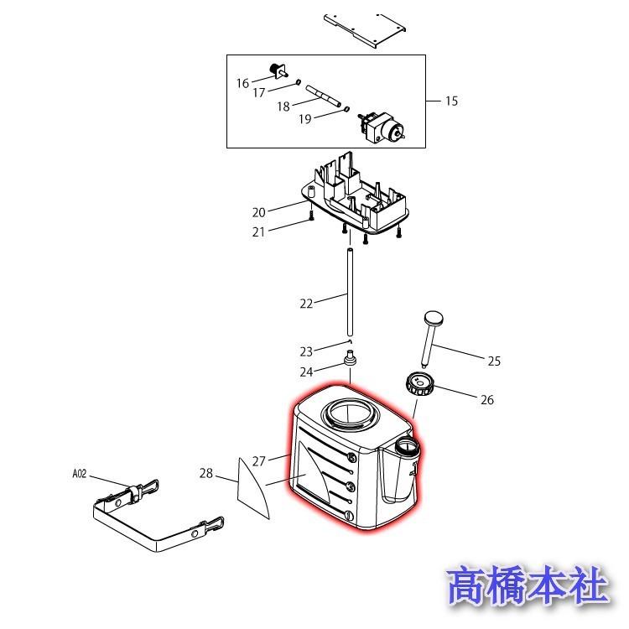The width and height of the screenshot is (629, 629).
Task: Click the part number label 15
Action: [x=451, y=101]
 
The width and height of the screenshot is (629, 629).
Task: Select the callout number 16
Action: [x=242, y=83]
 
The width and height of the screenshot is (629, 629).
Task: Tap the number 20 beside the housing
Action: [x=259, y=212]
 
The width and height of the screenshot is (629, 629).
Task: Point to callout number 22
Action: [x=306, y=304]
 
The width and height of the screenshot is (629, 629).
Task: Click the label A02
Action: [x=80, y=474]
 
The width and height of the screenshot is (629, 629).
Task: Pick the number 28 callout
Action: [x=206, y=473]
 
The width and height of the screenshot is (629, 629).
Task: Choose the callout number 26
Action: [x=487, y=399]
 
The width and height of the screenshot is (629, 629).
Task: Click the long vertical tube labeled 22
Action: [x=351, y=293]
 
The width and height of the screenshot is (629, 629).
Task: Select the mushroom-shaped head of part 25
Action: [x=434, y=319]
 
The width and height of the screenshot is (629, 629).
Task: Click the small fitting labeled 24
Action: [x=351, y=358]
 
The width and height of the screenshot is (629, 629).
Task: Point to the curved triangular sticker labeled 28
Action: [x=252, y=488]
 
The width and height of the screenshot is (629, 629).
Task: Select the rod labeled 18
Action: [x=324, y=96]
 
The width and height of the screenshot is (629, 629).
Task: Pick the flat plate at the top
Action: [x=364, y=30]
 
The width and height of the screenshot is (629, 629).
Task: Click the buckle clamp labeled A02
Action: [x=159, y=516]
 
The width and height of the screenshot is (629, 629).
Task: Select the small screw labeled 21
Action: [x=312, y=216]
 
